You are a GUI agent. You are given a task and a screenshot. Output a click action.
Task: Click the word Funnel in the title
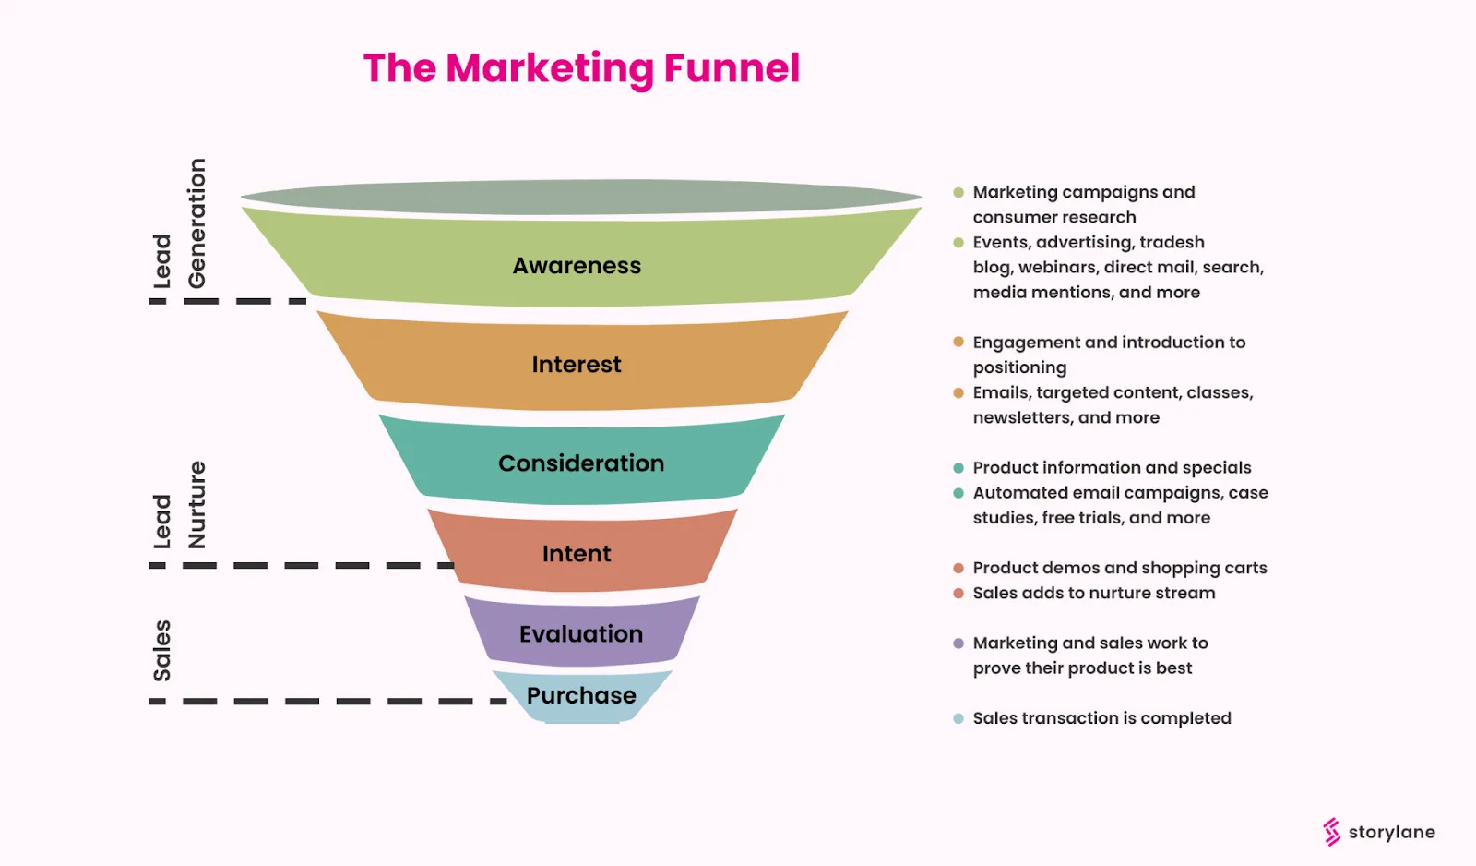tap(732, 69)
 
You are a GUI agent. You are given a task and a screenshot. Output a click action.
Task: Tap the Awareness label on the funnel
tap(577, 266)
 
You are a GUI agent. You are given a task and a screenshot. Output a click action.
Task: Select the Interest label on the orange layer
tap(577, 365)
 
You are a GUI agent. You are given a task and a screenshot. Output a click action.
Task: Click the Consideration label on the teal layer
tap(581, 463)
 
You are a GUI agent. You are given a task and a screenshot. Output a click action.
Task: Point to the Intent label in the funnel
tap(577, 554)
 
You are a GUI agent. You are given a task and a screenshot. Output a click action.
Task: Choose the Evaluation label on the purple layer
tap(581, 634)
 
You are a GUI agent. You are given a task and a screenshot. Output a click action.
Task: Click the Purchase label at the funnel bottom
tap(581, 695)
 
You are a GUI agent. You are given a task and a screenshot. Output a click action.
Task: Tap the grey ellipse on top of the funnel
tap(581, 197)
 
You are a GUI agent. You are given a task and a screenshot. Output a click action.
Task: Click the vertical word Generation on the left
tap(196, 223)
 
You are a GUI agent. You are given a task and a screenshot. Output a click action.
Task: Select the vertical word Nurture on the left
tap(196, 505)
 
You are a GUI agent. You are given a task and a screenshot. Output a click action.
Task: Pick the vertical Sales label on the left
tap(162, 651)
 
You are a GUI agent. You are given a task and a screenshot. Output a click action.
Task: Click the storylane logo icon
tap(1331, 832)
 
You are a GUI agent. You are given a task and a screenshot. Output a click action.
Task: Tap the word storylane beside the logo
tap(1391, 832)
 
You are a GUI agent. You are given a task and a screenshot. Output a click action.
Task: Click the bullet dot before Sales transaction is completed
tap(958, 718)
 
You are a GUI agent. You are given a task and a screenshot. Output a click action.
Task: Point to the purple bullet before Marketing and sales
tap(958, 643)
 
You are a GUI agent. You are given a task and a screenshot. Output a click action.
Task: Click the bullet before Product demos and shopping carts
tap(958, 568)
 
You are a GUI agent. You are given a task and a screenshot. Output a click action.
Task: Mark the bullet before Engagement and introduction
tap(958, 343)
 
